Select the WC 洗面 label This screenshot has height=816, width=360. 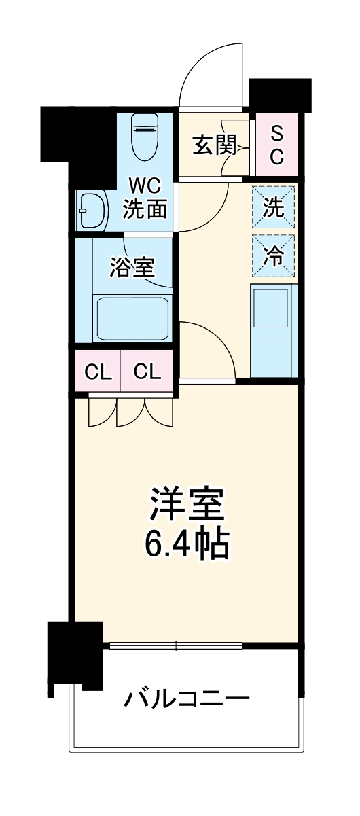click(x=144, y=198)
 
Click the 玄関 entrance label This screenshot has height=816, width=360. click(x=213, y=145)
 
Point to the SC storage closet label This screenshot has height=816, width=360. click(x=277, y=145)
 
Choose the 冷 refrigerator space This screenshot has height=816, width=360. click(x=274, y=256)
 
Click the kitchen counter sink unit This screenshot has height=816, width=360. click(x=274, y=330)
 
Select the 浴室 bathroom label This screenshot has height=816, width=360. click(x=132, y=267)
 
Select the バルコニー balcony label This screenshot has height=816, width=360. click(x=187, y=698)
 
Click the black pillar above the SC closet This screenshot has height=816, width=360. click(x=280, y=95)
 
